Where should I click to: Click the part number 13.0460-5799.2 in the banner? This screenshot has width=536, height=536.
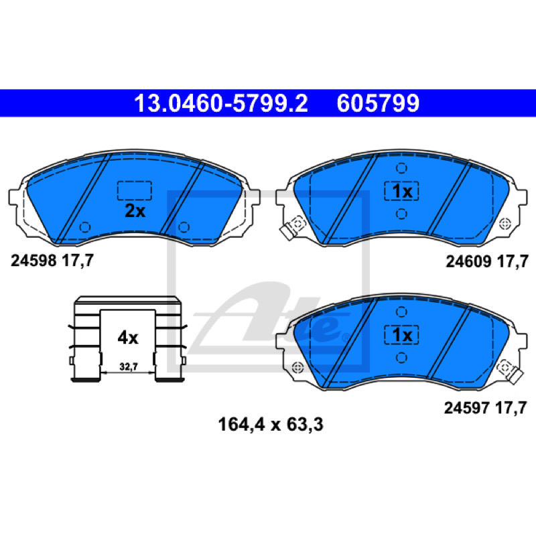coord(221,103)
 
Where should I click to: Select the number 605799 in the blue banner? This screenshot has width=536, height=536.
coord(378,103)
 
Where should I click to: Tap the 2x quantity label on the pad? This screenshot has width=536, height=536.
coord(135,211)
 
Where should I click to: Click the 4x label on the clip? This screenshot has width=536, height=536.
coord(128,338)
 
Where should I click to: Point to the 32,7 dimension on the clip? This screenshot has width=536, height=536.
coord(129,366)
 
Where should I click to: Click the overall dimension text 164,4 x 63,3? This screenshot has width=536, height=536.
coord(271,425)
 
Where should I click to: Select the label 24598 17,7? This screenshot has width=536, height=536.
coord(52,261)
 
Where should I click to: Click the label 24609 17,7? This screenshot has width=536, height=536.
coord(487,261)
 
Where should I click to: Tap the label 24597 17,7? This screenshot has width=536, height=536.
coord(485,408)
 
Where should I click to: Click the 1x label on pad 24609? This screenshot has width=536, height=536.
coord(402,192)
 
